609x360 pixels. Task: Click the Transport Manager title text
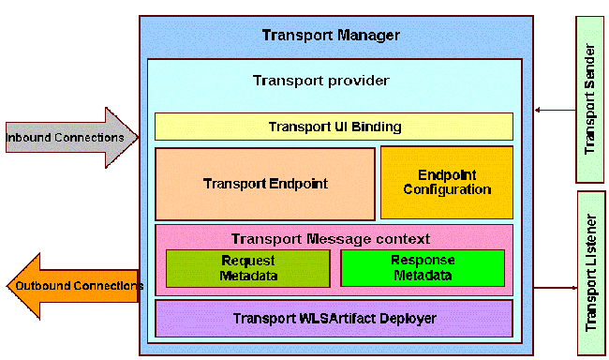tap(331, 36)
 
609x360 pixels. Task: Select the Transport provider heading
tap(321, 81)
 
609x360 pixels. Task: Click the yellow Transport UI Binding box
tap(334, 127)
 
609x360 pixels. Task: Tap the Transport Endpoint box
tap(265, 184)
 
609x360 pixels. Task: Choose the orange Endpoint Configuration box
tap(447, 183)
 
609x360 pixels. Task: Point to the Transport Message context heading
tap(330, 239)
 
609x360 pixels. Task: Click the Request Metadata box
tap(247, 268)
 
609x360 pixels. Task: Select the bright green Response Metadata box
tap(423, 268)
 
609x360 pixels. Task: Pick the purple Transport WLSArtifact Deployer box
tap(334, 319)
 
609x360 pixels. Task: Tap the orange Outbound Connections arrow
tap(70, 285)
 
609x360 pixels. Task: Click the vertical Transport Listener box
tap(590, 273)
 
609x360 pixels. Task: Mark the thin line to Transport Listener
tap(556, 288)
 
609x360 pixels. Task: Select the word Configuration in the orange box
tap(447, 189)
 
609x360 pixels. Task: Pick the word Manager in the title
tap(369, 36)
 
